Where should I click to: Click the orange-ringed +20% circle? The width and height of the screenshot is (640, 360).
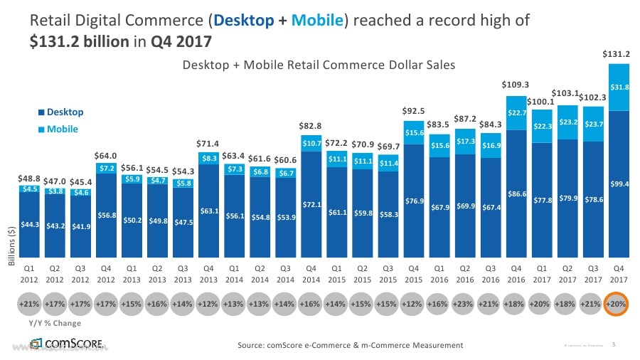pyautogui.click(x=616, y=303)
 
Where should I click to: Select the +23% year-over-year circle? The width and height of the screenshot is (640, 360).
pyautogui.click(x=465, y=303)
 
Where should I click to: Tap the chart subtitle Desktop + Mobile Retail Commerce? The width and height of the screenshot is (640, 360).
pyautogui.click(x=319, y=65)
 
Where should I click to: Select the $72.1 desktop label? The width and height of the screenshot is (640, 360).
pyautogui.click(x=311, y=205)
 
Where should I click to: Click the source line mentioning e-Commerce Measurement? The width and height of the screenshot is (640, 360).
pyautogui.click(x=350, y=345)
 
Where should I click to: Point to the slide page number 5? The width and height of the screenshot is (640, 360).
pyautogui.click(x=614, y=345)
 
